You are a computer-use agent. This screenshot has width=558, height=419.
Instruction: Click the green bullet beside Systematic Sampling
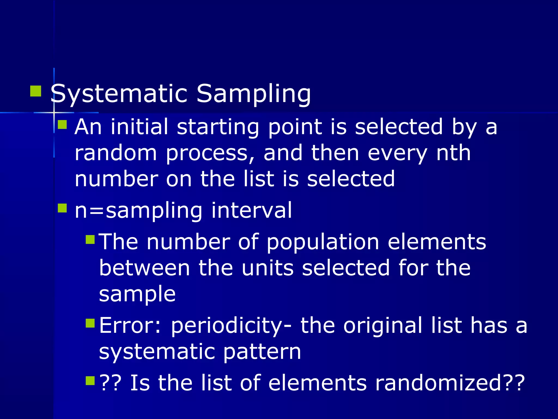point(35,91)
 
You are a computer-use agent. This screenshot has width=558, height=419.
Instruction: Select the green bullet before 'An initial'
point(62,125)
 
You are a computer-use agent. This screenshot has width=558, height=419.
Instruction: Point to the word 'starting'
point(218,127)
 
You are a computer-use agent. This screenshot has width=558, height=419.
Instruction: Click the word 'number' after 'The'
point(188,242)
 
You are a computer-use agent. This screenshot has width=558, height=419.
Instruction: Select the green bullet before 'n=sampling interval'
point(62,208)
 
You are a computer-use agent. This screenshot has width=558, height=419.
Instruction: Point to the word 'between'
point(144,268)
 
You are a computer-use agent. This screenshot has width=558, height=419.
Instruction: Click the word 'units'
point(268,268)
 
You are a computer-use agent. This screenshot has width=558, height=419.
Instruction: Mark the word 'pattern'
point(262,352)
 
